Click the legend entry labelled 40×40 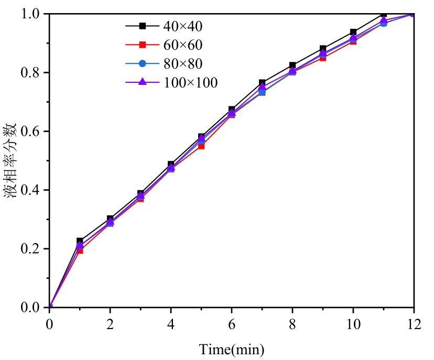point(181,25)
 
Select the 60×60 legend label point(181,45)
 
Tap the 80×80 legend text point(181,63)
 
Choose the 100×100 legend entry point(188,82)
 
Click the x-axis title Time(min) point(231,348)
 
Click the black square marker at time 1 point(80,241)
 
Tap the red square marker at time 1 point(80,250)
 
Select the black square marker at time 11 point(384,14)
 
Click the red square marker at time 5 point(201,146)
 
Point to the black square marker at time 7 point(262,83)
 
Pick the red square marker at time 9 point(323,58)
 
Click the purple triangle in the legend point(142,82)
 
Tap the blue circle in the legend point(142,63)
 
